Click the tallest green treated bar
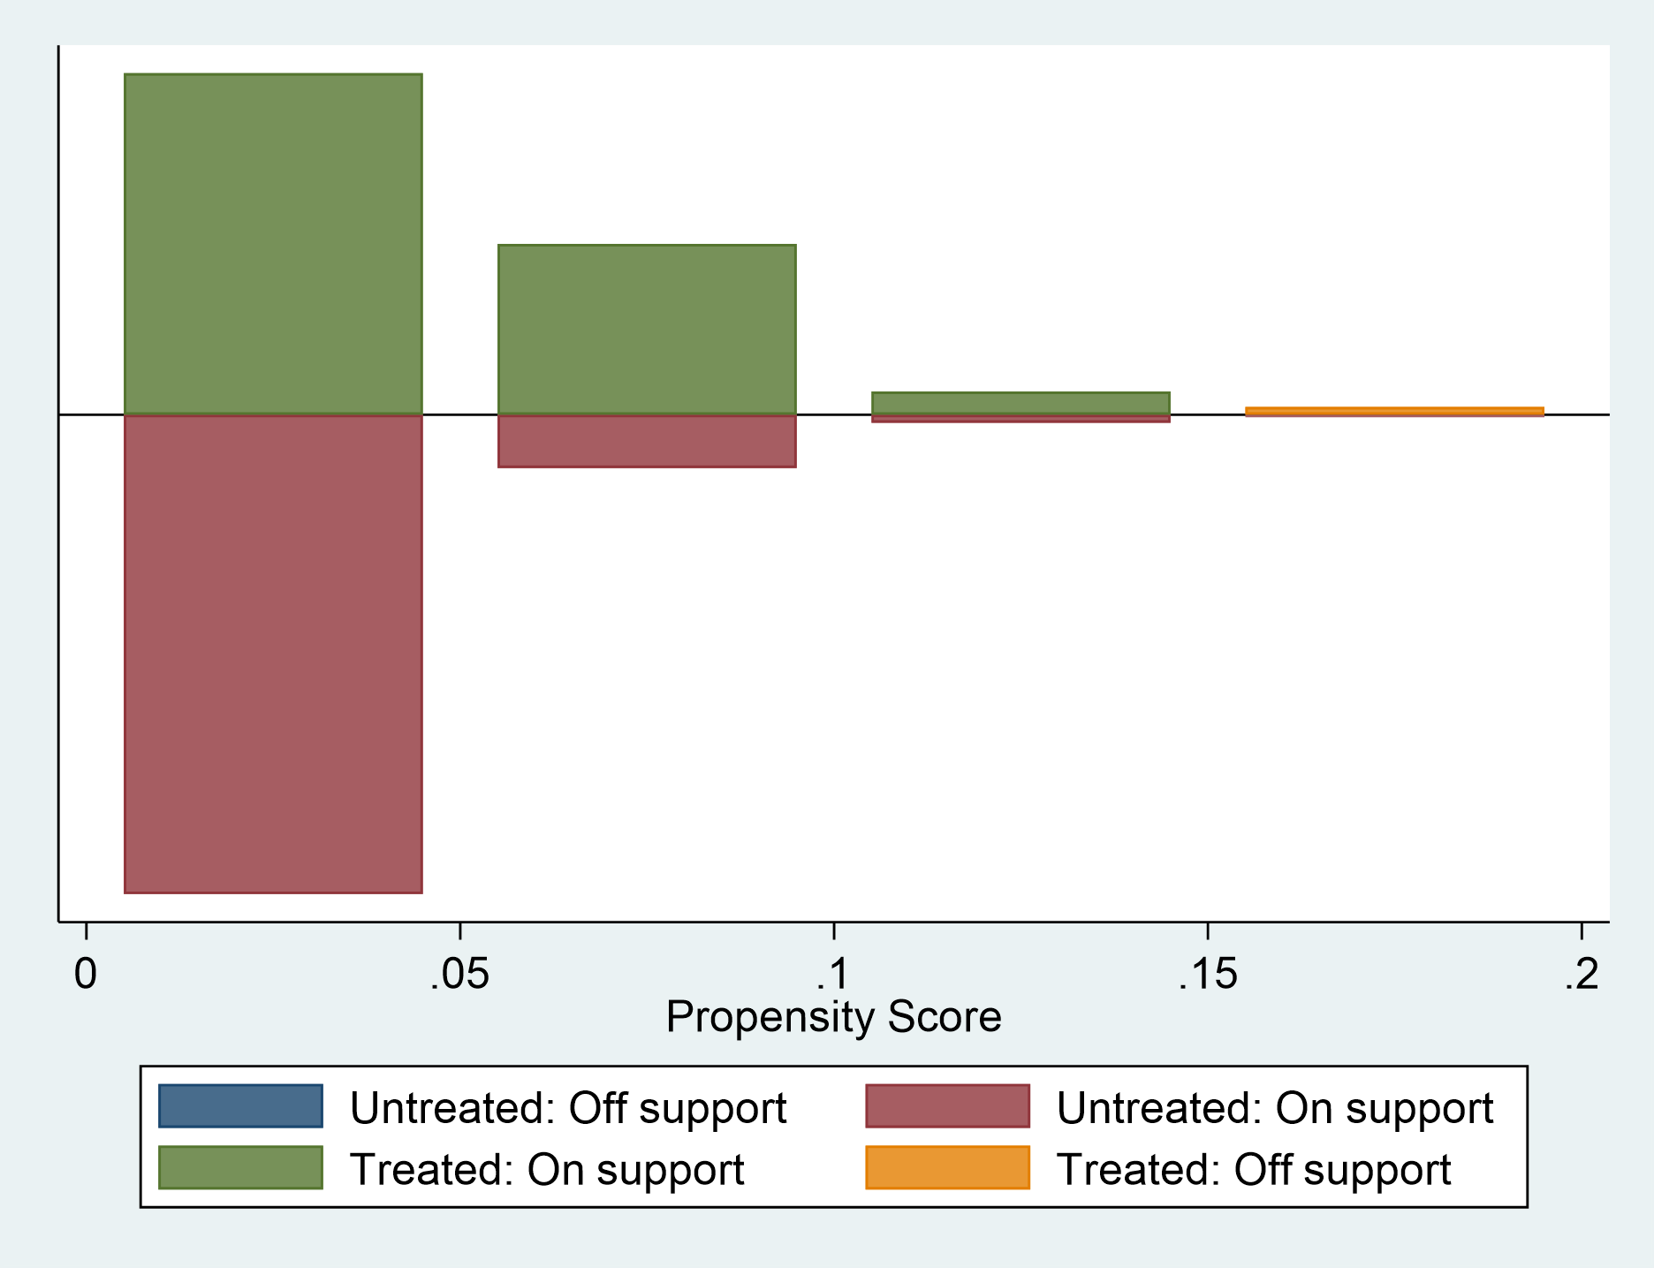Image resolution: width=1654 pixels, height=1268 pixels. point(273,244)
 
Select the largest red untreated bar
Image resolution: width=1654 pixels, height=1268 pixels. point(273,654)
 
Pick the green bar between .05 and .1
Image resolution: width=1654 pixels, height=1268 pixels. point(647,329)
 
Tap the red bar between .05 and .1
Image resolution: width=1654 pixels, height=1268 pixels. point(647,441)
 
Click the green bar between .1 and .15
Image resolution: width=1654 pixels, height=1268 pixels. point(1020,403)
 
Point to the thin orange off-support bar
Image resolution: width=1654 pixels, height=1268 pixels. point(1394,412)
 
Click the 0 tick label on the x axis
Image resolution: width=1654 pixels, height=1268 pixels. point(85,975)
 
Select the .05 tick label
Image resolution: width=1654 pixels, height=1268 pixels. point(459,975)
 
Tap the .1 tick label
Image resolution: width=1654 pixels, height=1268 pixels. point(832,975)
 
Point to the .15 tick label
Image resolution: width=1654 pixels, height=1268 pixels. point(1207,975)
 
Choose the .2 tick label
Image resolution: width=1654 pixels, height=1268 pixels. point(1582,975)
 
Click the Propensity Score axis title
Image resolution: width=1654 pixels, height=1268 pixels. point(833,1016)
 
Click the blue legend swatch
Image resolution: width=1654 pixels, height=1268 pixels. point(240,1106)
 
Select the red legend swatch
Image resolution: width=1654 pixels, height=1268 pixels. point(947,1106)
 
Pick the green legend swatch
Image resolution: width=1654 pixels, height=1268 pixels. point(240,1167)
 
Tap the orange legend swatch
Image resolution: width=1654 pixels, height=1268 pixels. point(947,1167)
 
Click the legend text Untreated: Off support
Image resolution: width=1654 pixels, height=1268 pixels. point(568,1108)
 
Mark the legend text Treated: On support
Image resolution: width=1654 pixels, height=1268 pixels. point(547,1169)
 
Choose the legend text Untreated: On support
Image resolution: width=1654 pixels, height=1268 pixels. point(1275,1108)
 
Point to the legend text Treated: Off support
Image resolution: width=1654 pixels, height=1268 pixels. point(1254,1169)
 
